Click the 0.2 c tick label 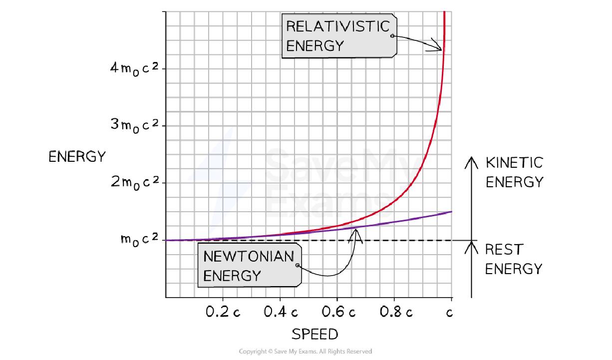tap(223, 313)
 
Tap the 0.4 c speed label tap(281, 313)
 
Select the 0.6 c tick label tap(338, 313)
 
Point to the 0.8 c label tap(396, 313)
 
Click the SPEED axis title tap(314, 334)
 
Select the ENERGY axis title tap(77, 156)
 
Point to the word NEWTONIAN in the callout tap(249, 257)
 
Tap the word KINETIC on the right tap(514, 163)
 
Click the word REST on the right tap(504, 249)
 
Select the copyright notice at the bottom tap(306, 352)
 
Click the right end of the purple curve tap(451, 212)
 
